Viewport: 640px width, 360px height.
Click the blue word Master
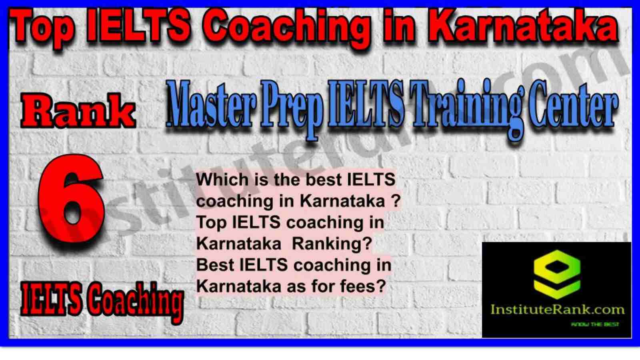click(212, 104)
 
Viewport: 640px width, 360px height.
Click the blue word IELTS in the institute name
click(366, 104)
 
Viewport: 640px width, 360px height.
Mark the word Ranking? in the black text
click(332, 244)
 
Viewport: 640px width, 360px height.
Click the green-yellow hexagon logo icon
click(557, 274)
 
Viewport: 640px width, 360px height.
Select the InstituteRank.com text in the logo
click(557, 310)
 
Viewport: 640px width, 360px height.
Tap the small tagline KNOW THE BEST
click(595, 324)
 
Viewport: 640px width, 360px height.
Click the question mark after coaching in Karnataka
click(396, 201)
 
